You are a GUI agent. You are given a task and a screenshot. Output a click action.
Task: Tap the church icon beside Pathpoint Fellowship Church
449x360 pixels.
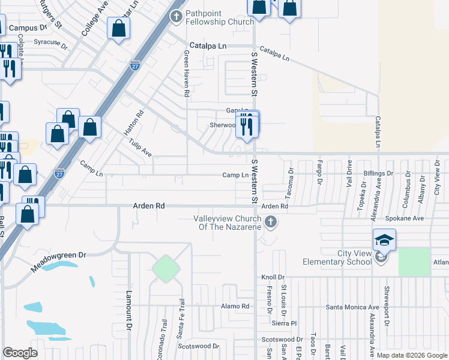click(x=177, y=16)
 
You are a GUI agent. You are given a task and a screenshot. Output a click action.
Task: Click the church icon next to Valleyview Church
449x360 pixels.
click(x=271, y=223)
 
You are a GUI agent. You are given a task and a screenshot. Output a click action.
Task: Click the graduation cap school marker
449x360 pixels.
click(x=384, y=241)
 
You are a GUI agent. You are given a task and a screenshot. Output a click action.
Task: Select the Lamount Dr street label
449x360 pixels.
click(x=128, y=311)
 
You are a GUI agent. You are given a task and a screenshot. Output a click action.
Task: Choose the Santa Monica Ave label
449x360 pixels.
click(x=352, y=307)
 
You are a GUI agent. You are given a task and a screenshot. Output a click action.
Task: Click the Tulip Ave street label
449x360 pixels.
click(x=140, y=149)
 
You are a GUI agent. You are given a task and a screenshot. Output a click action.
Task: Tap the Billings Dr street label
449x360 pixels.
click(x=378, y=173)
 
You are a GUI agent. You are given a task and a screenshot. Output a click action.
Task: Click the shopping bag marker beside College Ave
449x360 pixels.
click(x=119, y=28)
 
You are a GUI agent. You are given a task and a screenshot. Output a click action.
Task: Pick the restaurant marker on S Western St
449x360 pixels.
click(x=247, y=125)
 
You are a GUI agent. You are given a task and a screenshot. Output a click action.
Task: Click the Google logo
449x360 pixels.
click(x=20, y=353)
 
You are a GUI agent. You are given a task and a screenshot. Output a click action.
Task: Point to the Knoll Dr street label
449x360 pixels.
click(x=272, y=277)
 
